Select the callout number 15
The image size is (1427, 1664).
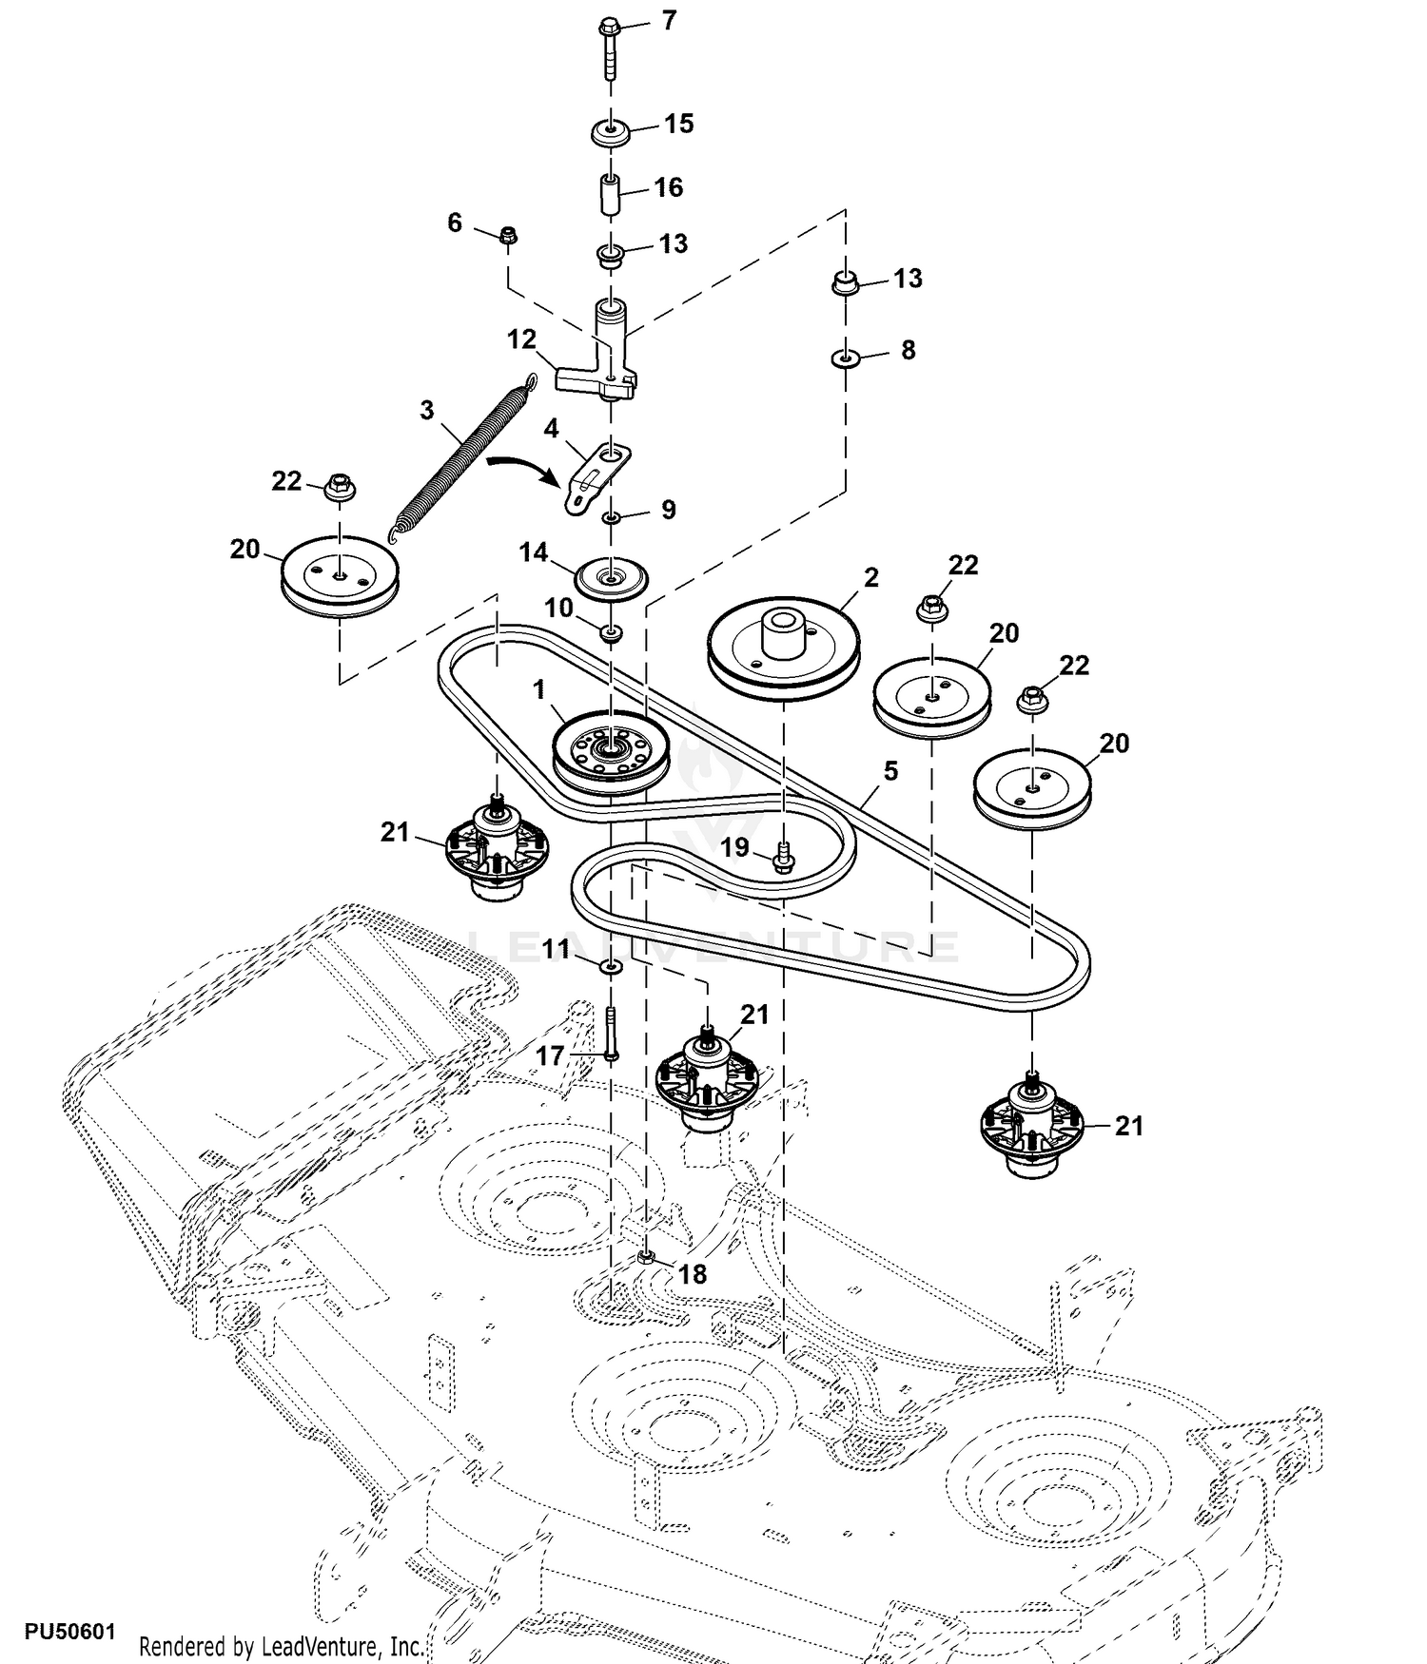[678, 124]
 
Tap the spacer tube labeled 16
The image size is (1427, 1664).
[610, 194]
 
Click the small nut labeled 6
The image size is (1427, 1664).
[508, 234]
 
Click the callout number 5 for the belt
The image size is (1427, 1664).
[890, 770]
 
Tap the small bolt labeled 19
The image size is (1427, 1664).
[784, 857]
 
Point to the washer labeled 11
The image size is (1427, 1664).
[611, 967]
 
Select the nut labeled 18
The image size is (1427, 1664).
[646, 1259]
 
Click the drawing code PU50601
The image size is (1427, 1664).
[69, 1632]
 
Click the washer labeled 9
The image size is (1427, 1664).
[612, 517]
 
